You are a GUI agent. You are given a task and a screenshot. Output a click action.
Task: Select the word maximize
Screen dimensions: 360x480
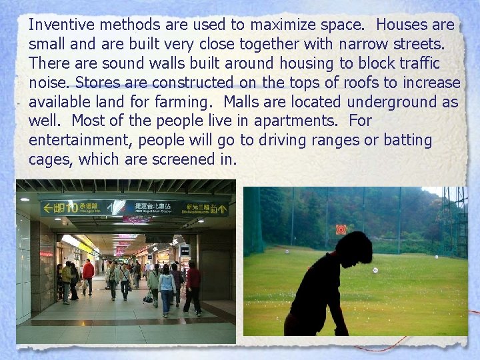(282, 25)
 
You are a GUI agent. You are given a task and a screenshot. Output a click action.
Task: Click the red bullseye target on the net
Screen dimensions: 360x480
(341, 229)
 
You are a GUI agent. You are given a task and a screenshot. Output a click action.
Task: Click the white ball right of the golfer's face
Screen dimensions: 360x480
(375, 270)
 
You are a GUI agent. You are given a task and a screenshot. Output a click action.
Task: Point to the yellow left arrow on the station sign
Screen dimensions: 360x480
(48, 207)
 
